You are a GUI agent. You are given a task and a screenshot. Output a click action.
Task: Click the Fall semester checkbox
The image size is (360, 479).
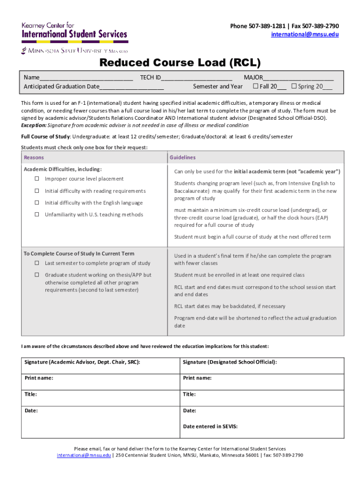[255, 87]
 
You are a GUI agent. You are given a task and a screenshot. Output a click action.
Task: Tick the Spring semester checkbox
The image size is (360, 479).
[294, 87]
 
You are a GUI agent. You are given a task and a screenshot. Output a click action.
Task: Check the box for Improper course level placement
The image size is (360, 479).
[36, 179]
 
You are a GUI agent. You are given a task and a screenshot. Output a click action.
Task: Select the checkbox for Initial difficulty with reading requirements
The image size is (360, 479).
[36, 191]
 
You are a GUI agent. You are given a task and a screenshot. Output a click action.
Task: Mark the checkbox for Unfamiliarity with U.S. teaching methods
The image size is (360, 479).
[36, 215]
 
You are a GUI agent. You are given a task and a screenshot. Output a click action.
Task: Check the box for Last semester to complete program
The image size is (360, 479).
[36, 263]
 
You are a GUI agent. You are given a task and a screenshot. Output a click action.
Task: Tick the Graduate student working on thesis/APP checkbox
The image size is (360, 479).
[36, 275]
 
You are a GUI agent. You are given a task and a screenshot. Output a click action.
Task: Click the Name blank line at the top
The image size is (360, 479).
[86, 79]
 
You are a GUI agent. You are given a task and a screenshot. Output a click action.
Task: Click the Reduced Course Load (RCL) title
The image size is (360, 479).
[180, 63]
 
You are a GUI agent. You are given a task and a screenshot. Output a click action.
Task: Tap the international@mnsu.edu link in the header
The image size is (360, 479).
[305, 35]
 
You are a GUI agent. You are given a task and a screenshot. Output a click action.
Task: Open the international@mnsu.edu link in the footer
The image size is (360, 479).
[84, 455]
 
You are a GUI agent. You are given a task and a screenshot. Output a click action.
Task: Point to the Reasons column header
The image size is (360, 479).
[34, 158]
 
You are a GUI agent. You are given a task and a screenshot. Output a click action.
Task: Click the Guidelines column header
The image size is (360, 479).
[182, 158]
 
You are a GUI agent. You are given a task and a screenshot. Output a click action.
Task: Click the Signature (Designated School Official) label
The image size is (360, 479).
[230, 362]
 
